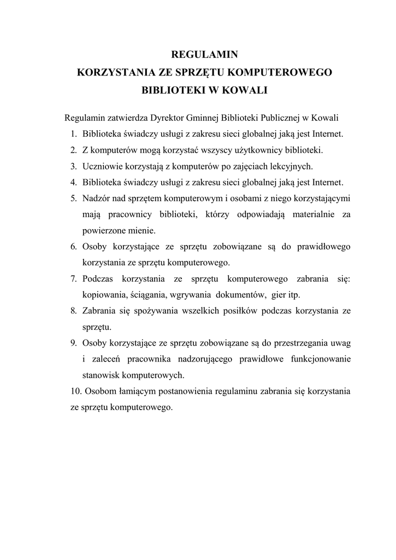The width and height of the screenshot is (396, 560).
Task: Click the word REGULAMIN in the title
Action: coord(205,54)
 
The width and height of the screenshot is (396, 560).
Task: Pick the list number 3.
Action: coord(73,166)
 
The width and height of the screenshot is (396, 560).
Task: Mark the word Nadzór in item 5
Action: coord(97,197)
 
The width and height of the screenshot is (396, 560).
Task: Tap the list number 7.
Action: coord(73,279)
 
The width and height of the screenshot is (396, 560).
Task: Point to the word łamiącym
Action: coord(129,392)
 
